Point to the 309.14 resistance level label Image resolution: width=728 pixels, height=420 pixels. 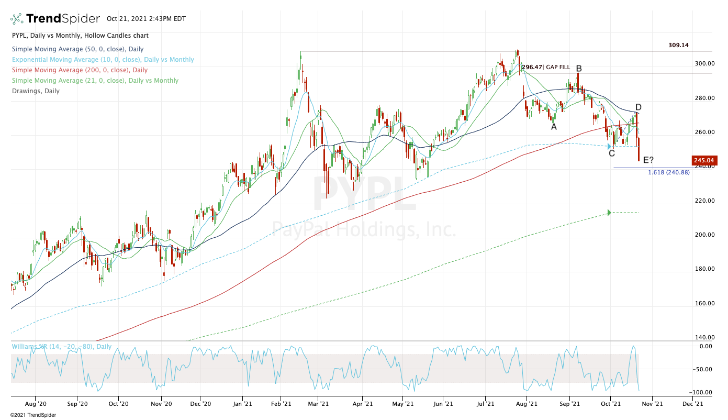(678, 45)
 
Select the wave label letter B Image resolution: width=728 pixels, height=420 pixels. (579, 69)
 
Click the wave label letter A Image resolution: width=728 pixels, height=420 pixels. (553, 126)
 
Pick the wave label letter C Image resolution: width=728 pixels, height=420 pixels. (611, 153)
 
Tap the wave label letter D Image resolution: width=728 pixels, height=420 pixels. (639, 107)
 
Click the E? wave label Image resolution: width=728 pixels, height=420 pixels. (648, 160)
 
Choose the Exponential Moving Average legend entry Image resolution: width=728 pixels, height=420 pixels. (103, 60)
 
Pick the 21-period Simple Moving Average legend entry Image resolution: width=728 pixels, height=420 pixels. (95, 81)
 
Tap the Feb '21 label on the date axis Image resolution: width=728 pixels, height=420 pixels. (282, 404)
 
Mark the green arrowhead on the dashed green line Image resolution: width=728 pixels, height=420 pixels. (609, 213)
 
